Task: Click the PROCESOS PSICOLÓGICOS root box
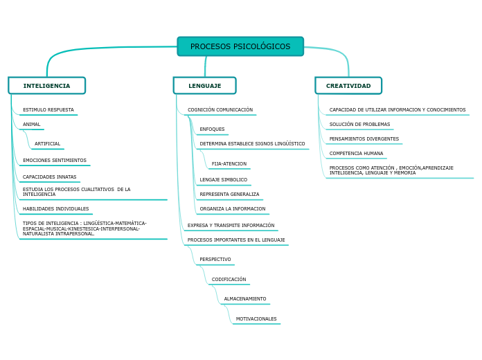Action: click(240, 46)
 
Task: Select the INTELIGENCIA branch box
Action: click(46, 86)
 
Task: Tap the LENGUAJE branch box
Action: click(204, 86)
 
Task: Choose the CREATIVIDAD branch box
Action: click(348, 86)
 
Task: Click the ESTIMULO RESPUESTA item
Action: click(48, 110)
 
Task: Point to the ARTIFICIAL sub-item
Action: click(47, 144)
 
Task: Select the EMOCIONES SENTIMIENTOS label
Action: click(54, 161)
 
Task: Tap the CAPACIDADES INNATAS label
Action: click(49, 177)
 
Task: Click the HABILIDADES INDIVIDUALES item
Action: click(55, 209)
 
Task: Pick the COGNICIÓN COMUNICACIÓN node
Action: click(220, 110)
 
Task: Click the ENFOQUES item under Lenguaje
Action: click(212, 129)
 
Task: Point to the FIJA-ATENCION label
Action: click(229, 164)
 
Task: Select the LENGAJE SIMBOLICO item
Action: click(223, 180)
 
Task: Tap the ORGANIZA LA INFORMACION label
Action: click(232, 209)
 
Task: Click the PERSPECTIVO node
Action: click(215, 260)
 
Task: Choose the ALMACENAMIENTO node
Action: click(244, 299)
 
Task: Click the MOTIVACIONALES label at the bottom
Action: click(256, 319)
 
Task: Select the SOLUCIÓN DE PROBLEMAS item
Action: click(359, 125)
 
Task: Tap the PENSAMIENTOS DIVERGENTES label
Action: click(364, 139)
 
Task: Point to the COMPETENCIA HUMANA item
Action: click(356, 154)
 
